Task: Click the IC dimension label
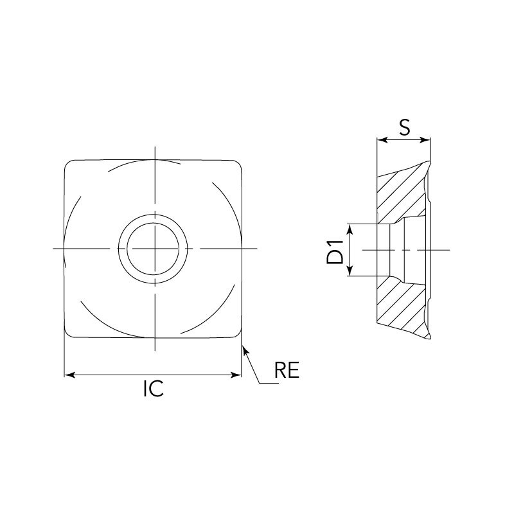[x=154, y=389]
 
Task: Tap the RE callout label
[x=287, y=370]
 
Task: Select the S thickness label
[x=405, y=127]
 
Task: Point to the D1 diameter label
[x=335, y=252]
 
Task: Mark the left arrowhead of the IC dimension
[x=69, y=375]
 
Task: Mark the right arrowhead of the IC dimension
[x=236, y=375]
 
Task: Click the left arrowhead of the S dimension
[x=382, y=140]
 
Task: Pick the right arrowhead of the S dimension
[x=425, y=140]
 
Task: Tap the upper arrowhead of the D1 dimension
[x=350, y=229]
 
